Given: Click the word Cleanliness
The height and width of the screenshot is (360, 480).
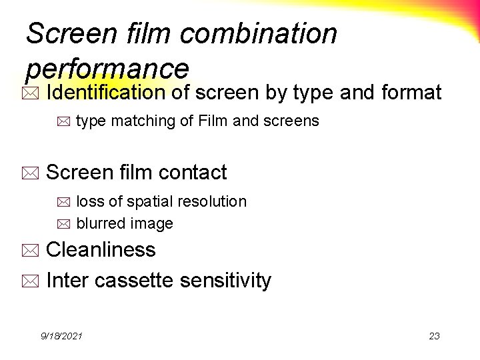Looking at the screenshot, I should tap(101, 250).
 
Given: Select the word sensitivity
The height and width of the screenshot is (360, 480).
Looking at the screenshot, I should tap(227, 281).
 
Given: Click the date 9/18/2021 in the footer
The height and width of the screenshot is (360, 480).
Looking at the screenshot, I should tap(61, 336).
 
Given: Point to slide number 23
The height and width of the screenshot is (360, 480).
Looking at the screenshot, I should tap(434, 336).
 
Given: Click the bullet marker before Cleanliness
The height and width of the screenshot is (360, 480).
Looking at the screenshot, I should tap(33, 252).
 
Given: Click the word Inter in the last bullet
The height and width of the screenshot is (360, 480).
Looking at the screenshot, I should tap(68, 281).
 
